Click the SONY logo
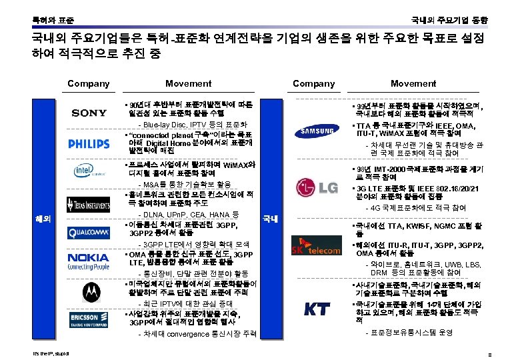[89, 113]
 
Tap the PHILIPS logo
[89, 143]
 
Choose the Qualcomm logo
[89, 232]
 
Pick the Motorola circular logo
[89, 291]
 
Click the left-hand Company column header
[89, 83]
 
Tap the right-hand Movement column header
[413, 83]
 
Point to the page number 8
[490, 353]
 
